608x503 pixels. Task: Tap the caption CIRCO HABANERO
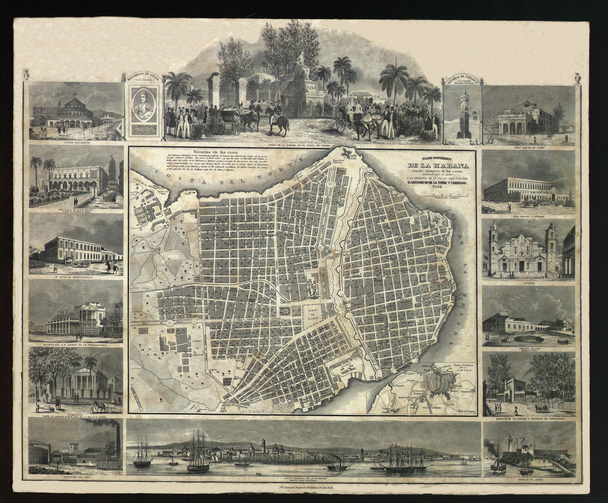pyautogui.click(x=76, y=143)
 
